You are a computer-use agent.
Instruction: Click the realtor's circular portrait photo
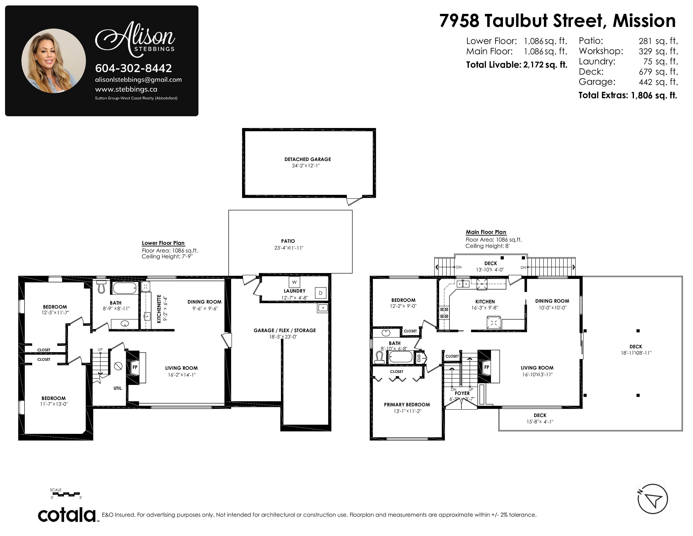54,61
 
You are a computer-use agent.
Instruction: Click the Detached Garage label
307,159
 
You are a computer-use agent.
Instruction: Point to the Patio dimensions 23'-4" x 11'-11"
289,248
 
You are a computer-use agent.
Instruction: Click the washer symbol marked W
294,282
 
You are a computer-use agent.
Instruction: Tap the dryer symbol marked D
320,293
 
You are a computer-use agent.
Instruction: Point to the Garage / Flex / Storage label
285,331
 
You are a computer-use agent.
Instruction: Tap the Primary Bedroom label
407,405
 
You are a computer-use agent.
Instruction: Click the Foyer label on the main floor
462,393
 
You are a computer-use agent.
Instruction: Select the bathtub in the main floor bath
400,357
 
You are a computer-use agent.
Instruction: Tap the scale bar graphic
66,494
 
